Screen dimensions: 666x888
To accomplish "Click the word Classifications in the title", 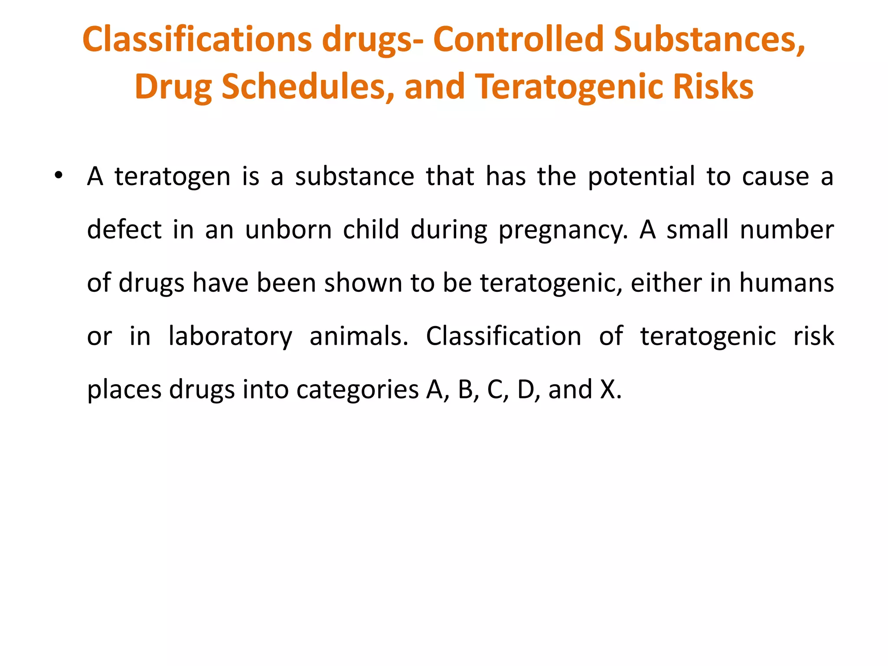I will pyautogui.click(x=197, y=39).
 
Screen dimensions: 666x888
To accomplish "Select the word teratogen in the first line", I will pyautogui.click(x=172, y=176).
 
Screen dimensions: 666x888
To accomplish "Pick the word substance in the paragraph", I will pyautogui.click(x=355, y=176).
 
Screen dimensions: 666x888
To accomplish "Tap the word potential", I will pyautogui.click(x=641, y=176).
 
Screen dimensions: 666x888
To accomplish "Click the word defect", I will pyautogui.click(x=124, y=229).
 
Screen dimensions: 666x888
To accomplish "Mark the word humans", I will pyautogui.click(x=786, y=283).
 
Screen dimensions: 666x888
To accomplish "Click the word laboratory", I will pyautogui.click(x=230, y=336).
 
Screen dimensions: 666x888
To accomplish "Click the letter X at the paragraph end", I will pyautogui.click(x=608, y=389).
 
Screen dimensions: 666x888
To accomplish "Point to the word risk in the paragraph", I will pyautogui.click(x=813, y=336).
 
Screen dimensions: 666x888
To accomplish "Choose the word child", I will pyautogui.click(x=371, y=229).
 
